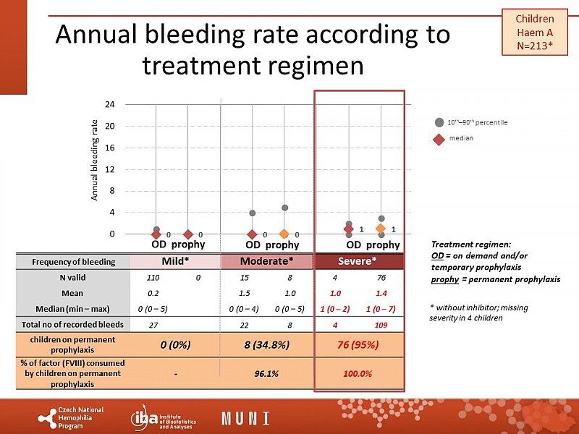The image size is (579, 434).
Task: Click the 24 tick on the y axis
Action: coord(109,104)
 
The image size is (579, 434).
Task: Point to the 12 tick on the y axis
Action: coord(109,169)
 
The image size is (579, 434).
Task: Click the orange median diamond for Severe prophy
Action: coord(381,229)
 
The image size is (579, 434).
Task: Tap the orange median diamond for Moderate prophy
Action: coord(284,234)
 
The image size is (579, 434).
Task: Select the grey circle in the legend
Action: coord(439,122)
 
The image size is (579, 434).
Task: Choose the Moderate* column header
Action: coord(266,260)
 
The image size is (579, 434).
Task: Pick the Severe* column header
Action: coord(360,260)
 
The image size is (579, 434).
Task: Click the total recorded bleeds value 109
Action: coord(382,325)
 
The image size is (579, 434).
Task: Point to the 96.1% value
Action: coord(266,373)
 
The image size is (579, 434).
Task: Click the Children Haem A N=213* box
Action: coord(534,33)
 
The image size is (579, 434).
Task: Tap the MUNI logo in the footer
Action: coord(245,418)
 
